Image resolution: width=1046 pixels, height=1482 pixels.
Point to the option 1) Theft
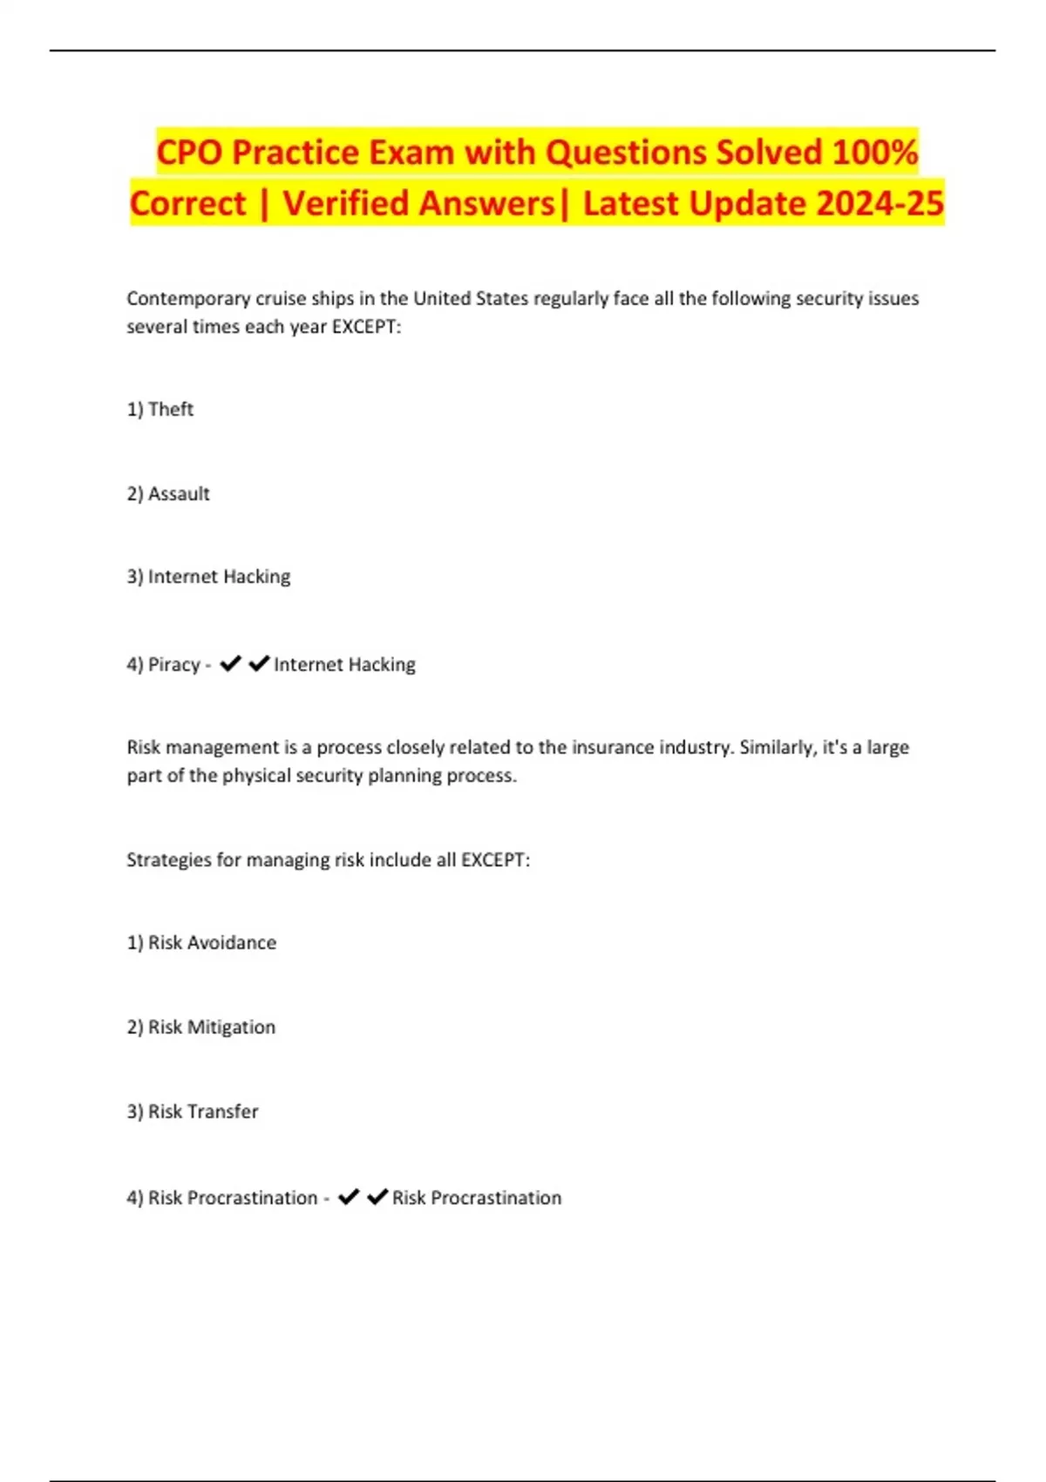pyautogui.click(x=160, y=409)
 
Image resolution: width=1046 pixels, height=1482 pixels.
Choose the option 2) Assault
pyautogui.click(x=168, y=493)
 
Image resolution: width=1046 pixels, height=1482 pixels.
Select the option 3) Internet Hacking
pyautogui.click(x=208, y=576)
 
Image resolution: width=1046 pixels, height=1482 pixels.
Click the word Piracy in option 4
pyautogui.click(x=174, y=664)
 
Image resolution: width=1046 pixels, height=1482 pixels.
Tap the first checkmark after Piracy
pyautogui.click(x=230, y=663)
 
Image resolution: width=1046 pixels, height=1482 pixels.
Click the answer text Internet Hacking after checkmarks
pyautogui.click(x=344, y=664)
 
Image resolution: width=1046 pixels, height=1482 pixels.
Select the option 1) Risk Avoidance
pyautogui.click(x=201, y=942)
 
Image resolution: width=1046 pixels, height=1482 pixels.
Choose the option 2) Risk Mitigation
pyautogui.click(x=201, y=1027)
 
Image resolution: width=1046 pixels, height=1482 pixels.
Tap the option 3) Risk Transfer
pyautogui.click(x=193, y=1111)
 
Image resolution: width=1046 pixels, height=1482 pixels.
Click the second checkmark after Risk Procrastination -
pyautogui.click(x=377, y=1197)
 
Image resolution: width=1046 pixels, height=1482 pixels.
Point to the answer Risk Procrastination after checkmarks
pyautogui.click(x=477, y=1198)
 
